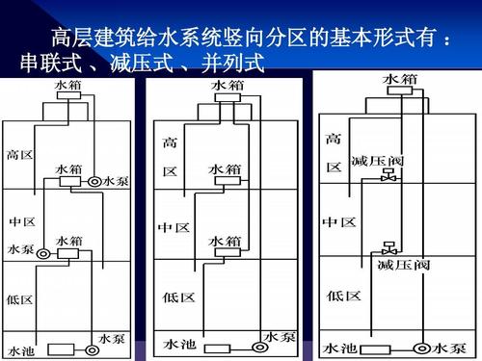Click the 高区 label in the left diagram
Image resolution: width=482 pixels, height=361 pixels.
coord(20,154)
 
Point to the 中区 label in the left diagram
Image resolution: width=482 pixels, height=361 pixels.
coord(22,222)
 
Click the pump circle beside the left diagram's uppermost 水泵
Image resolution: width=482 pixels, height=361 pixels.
coord(94,181)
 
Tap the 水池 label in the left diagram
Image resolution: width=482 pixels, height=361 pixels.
coord(22,348)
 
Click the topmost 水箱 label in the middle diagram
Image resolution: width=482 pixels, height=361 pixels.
coord(227,87)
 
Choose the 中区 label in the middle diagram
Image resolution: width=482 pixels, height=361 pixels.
coord(174,227)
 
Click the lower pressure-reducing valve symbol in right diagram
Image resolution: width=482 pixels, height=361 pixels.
coord(388,248)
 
